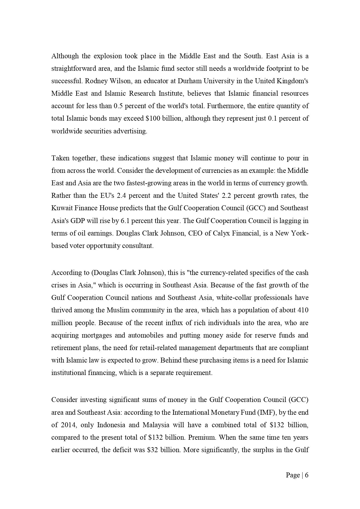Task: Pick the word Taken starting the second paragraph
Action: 59,158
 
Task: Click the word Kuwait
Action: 60,208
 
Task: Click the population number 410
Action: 303,310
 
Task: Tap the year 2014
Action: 68,425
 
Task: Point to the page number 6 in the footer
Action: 307,475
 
